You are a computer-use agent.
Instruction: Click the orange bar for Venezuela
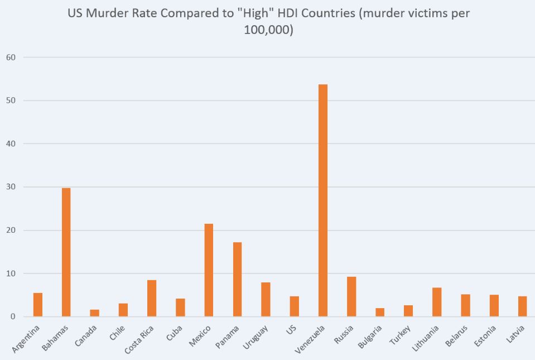tap(322, 200)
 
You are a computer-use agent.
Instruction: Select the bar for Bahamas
tap(66, 252)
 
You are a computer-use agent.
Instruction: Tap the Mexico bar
tap(209, 270)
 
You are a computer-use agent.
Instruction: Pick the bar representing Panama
tap(237, 279)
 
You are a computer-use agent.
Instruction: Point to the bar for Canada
tap(94, 313)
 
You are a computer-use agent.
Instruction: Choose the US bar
tap(294, 306)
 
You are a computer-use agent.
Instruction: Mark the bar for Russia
tap(351, 296)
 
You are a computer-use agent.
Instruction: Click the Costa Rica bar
tap(152, 298)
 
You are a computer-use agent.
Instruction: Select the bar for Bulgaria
tap(380, 312)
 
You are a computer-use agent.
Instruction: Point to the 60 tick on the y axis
tap(11, 57)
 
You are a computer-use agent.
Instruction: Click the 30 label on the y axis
tap(11, 187)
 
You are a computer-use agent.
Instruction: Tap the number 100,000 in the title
tap(267, 30)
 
